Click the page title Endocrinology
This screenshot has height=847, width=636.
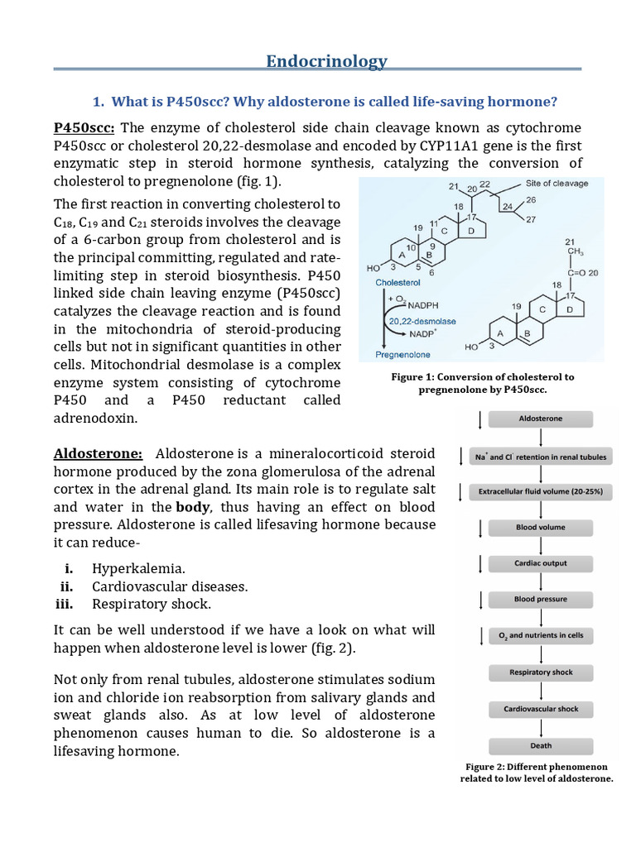click(x=326, y=61)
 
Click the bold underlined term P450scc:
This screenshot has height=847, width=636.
click(x=84, y=127)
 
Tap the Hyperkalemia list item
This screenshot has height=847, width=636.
click(x=138, y=568)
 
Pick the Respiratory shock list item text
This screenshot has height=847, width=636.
click(x=152, y=604)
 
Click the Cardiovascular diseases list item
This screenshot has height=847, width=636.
click(x=170, y=586)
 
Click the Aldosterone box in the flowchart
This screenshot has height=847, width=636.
click(x=540, y=419)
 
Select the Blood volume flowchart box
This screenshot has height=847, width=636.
click(x=540, y=527)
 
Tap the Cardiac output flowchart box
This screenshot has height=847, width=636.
click(x=540, y=563)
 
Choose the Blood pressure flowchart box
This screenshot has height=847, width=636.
click(x=540, y=599)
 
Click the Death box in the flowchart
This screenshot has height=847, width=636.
click(x=540, y=745)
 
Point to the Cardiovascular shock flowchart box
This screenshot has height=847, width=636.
click(x=540, y=709)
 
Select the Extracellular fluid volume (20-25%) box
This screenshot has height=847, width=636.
click(x=540, y=491)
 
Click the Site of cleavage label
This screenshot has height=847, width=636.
click(x=556, y=183)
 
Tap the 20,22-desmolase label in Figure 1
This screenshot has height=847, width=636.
click(x=425, y=320)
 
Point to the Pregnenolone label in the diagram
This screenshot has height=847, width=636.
click(x=402, y=354)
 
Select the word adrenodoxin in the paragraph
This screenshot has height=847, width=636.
click(x=95, y=418)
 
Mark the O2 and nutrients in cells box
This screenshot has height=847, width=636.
click(x=540, y=635)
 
